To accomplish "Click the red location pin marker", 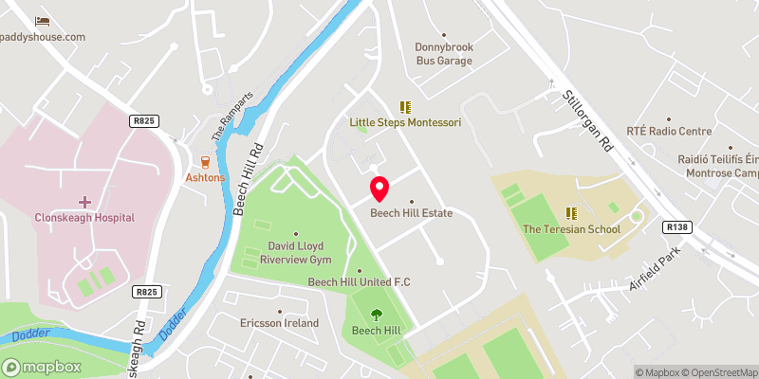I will pyautogui.click(x=379, y=188).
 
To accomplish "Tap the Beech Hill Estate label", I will pyautogui.click(x=411, y=213).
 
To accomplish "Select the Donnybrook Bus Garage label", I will pyautogui.click(x=444, y=53).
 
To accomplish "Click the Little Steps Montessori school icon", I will pyautogui.click(x=405, y=108).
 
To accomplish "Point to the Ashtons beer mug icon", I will pyautogui.click(x=205, y=162).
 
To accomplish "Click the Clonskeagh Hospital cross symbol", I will pyautogui.click(x=84, y=202).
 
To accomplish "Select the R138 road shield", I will pyautogui.click(x=676, y=227).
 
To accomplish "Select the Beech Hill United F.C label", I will pyautogui.click(x=359, y=281).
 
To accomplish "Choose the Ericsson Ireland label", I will pyautogui.click(x=279, y=323).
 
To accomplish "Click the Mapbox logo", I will pyautogui.click(x=42, y=367).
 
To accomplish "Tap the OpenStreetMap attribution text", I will pyautogui.click(x=719, y=372).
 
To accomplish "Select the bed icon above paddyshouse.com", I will pyautogui.click(x=42, y=21).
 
